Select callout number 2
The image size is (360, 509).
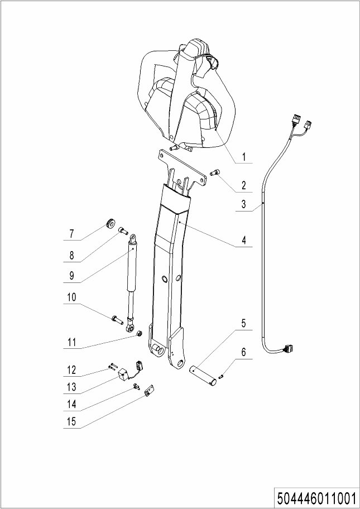243,185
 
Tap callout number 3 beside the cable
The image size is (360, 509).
243,204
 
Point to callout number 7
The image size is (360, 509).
71,233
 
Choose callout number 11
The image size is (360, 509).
71,342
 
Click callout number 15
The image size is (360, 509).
71,421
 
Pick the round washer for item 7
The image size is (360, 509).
111,223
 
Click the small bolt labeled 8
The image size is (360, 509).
123,231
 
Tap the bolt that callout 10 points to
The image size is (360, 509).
117,320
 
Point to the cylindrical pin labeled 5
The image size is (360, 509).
203,375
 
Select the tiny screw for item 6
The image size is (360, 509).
220,377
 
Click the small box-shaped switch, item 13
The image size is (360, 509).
123,375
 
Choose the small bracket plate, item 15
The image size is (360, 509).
150,391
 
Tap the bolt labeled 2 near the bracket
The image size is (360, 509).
214,172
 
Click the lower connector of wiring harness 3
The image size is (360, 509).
288,349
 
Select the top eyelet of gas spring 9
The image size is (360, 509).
133,239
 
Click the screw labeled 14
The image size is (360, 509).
136,386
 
